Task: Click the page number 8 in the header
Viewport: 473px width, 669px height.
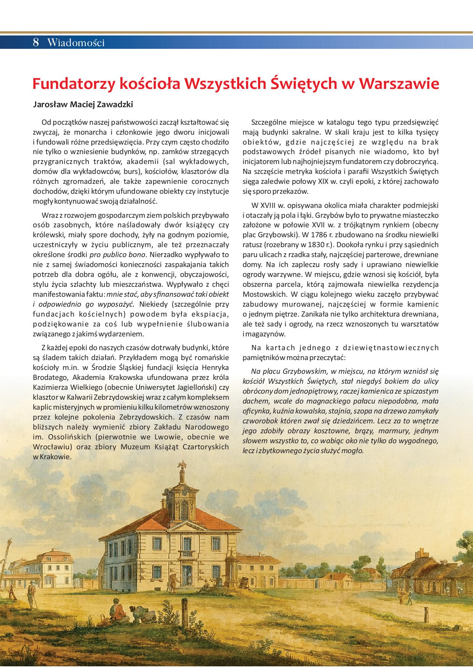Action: (x=36, y=42)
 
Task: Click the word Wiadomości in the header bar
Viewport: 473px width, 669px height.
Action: (x=76, y=43)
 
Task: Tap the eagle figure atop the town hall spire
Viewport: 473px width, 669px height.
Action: (x=184, y=465)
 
